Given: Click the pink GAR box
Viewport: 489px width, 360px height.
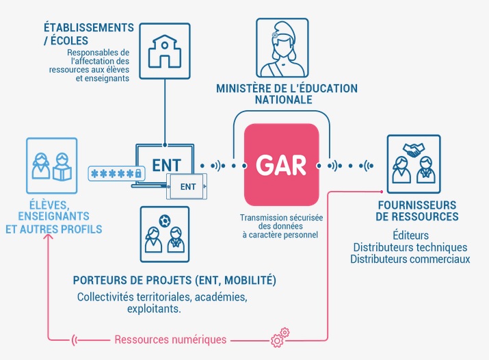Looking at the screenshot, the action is (281, 165).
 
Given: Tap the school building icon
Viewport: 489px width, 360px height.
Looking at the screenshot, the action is (165, 51).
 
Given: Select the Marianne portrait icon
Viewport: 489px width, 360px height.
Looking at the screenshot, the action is (282, 48).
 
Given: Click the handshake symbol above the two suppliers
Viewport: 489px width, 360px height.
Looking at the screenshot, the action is (414, 150).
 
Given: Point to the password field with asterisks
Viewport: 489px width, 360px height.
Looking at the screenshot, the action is (117, 173).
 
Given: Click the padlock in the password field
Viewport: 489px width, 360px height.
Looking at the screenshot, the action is (138, 173).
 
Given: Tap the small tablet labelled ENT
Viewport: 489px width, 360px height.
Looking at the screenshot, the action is (187, 187).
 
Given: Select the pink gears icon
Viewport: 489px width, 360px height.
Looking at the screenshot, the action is (280, 337).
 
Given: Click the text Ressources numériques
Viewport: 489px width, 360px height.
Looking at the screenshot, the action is (170, 339).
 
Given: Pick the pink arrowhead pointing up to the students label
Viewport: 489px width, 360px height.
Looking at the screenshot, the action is (49, 237).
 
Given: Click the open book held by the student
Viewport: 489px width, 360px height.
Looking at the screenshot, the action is (62, 173).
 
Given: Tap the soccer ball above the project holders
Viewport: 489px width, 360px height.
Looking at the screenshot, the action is (164, 221).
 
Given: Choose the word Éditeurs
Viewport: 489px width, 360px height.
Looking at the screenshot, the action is (411, 235).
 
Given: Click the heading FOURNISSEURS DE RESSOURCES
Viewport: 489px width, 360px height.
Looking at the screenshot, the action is (417, 211).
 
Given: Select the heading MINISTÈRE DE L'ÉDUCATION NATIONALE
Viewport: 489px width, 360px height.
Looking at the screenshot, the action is (287, 94).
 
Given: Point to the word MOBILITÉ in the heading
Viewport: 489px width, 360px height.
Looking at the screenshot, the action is (250, 280).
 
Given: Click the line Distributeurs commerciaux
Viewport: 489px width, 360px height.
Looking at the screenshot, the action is (410, 259).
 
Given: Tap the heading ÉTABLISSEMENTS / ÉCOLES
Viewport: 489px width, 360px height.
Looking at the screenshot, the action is (89, 34).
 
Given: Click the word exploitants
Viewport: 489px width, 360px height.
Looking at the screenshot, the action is (154, 309).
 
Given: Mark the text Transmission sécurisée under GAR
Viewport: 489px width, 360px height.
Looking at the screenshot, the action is (281, 218).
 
